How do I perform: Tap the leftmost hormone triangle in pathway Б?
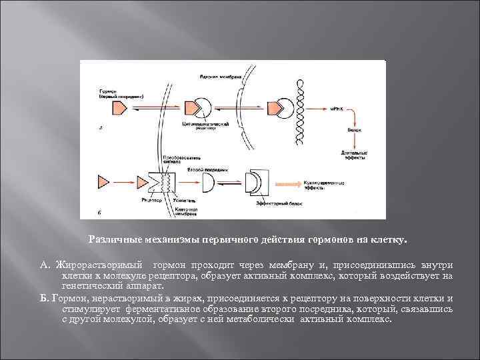tap(105, 181)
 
